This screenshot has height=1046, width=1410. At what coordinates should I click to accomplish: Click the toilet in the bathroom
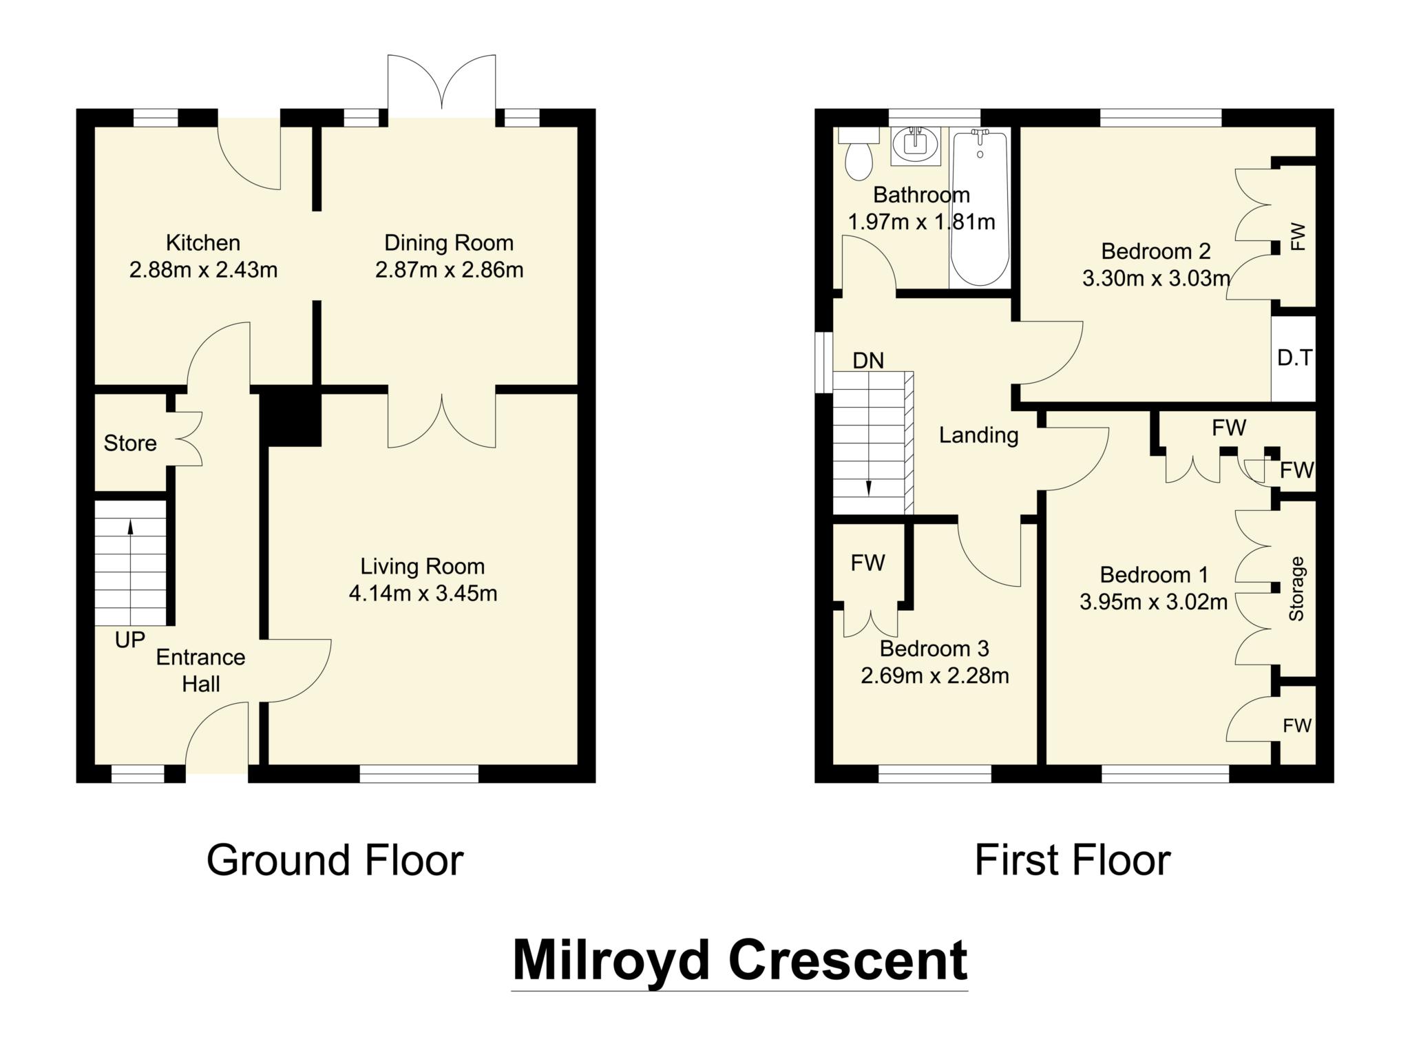click(858, 158)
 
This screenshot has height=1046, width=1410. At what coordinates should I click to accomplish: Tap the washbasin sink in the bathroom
click(915, 145)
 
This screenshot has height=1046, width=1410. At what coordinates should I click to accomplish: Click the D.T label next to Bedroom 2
click(1294, 358)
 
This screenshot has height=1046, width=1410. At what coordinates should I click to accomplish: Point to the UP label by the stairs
click(130, 640)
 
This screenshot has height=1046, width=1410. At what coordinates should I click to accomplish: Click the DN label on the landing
click(867, 361)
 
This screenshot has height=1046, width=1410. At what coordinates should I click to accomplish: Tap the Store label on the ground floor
click(130, 443)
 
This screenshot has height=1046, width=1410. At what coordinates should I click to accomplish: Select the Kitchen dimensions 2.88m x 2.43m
click(203, 270)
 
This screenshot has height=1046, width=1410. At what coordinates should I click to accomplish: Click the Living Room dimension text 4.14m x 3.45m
click(423, 593)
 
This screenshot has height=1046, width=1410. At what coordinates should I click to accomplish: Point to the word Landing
click(978, 435)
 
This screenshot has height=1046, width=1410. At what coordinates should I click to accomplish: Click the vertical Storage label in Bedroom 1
click(1296, 589)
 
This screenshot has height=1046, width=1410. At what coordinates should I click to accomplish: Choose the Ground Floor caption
click(335, 861)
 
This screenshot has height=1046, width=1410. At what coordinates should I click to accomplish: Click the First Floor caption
click(1072, 861)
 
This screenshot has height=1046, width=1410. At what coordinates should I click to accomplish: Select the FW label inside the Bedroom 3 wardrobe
click(867, 563)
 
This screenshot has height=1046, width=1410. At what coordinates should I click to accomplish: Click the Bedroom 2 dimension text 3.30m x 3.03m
click(1156, 279)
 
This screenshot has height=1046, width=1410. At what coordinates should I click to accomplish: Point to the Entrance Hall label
click(200, 670)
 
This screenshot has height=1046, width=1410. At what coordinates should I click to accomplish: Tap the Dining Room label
click(449, 243)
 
